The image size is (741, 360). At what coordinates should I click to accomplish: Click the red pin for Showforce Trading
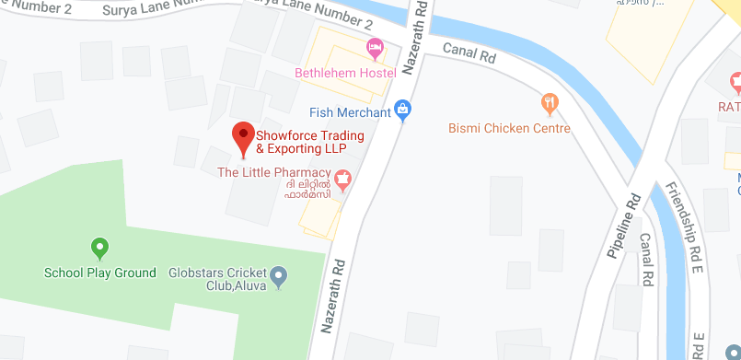point(243,136)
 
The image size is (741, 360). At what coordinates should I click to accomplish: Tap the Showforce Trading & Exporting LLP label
point(309,142)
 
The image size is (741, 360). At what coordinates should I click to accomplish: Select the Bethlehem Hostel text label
point(345,73)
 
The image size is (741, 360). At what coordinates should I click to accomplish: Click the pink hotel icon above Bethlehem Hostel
point(375,47)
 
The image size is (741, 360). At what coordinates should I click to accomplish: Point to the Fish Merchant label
point(350,112)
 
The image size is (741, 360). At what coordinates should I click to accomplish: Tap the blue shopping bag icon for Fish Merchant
point(402,110)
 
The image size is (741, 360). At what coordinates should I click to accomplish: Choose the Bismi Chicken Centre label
point(509,128)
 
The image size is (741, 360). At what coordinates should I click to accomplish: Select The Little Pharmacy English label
point(273,172)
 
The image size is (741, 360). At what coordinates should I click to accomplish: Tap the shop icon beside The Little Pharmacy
point(342,177)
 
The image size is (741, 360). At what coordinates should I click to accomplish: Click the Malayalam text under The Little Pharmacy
point(307,192)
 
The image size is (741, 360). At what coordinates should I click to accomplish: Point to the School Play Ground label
point(100,273)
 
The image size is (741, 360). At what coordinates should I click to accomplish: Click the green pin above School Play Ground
point(100,247)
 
